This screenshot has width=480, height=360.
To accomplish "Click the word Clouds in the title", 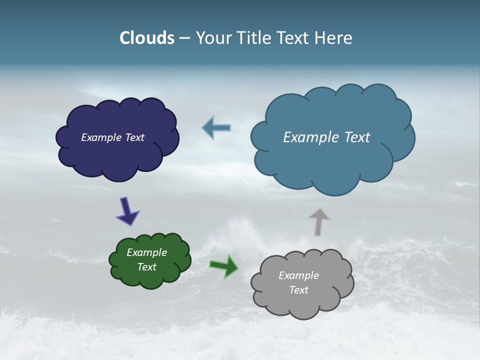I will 147,38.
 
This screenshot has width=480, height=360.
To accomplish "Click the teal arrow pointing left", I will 216,127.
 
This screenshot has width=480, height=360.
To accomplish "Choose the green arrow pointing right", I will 224,265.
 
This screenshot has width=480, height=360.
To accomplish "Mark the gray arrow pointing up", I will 318,221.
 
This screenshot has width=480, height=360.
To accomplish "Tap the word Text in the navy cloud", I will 134,137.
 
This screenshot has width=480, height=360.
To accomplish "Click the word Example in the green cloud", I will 147,252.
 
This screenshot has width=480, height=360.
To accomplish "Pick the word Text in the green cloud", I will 147,267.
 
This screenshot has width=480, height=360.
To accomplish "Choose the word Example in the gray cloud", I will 298,275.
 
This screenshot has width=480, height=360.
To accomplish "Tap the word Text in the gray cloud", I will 298,290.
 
